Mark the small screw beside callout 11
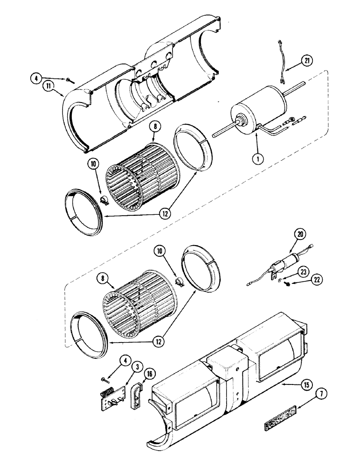[69, 80]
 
